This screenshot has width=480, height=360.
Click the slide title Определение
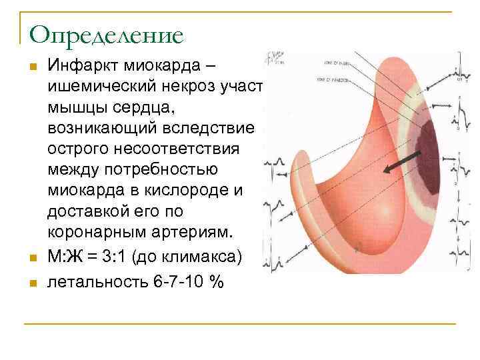point(106,34)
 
